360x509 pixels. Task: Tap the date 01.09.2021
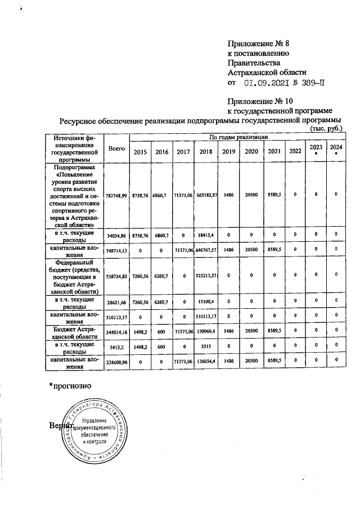(x=268, y=82)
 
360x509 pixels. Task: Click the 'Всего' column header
(x=116, y=148)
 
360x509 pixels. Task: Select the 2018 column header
(x=206, y=151)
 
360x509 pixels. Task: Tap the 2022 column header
(x=295, y=151)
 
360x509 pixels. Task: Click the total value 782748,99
(x=116, y=194)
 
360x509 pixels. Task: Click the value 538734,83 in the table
(x=116, y=276)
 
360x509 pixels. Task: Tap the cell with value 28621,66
(x=116, y=302)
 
